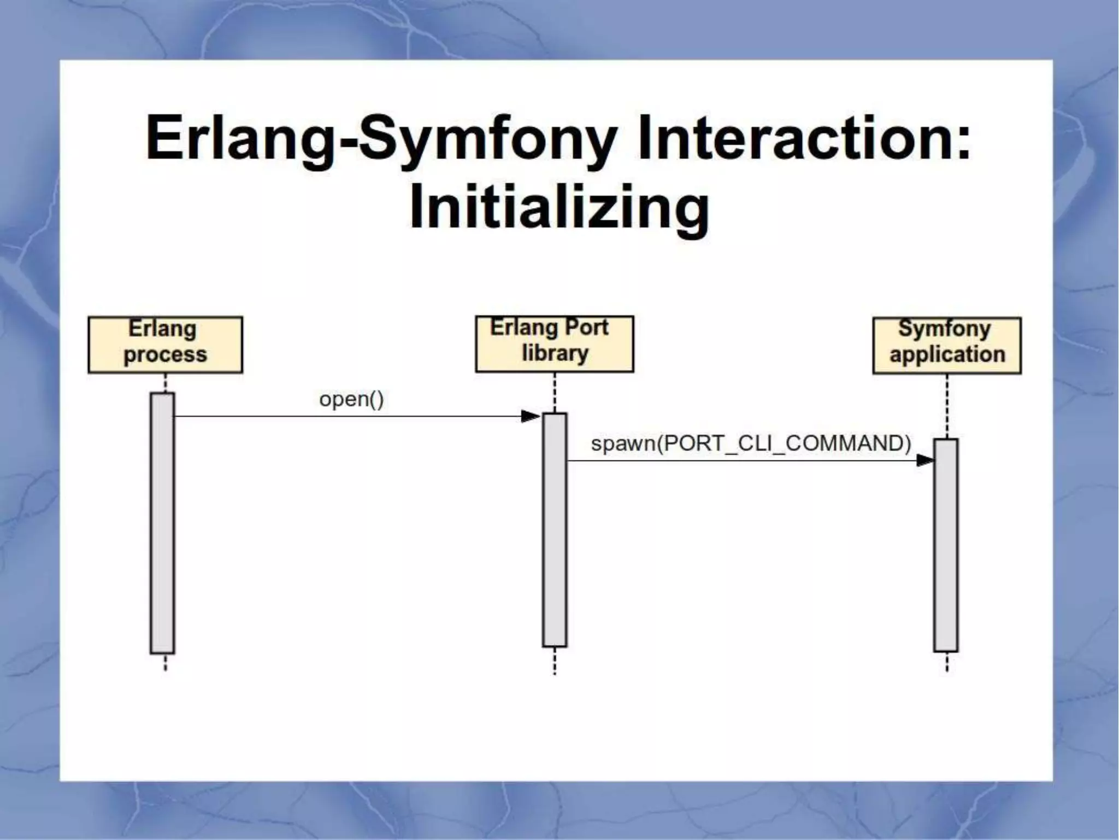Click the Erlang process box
tap(165, 345)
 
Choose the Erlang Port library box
tap(555, 343)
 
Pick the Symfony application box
tap(947, 345)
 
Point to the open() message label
tap(351, 399)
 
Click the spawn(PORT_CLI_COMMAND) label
tap(751, 443)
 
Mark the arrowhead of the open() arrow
tap(530, 417)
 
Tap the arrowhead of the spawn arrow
tap(925, 460)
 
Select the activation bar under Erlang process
tap(162, 523)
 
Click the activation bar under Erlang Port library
tap(555, 529)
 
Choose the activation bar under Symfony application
tap(946, 545)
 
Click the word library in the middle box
tap(555, 353)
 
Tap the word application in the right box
tap(947, 354)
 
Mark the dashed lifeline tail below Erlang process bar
tap(166, 662)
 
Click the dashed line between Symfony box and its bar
tap(947, 406)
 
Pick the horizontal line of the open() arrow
tap(350, 417)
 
